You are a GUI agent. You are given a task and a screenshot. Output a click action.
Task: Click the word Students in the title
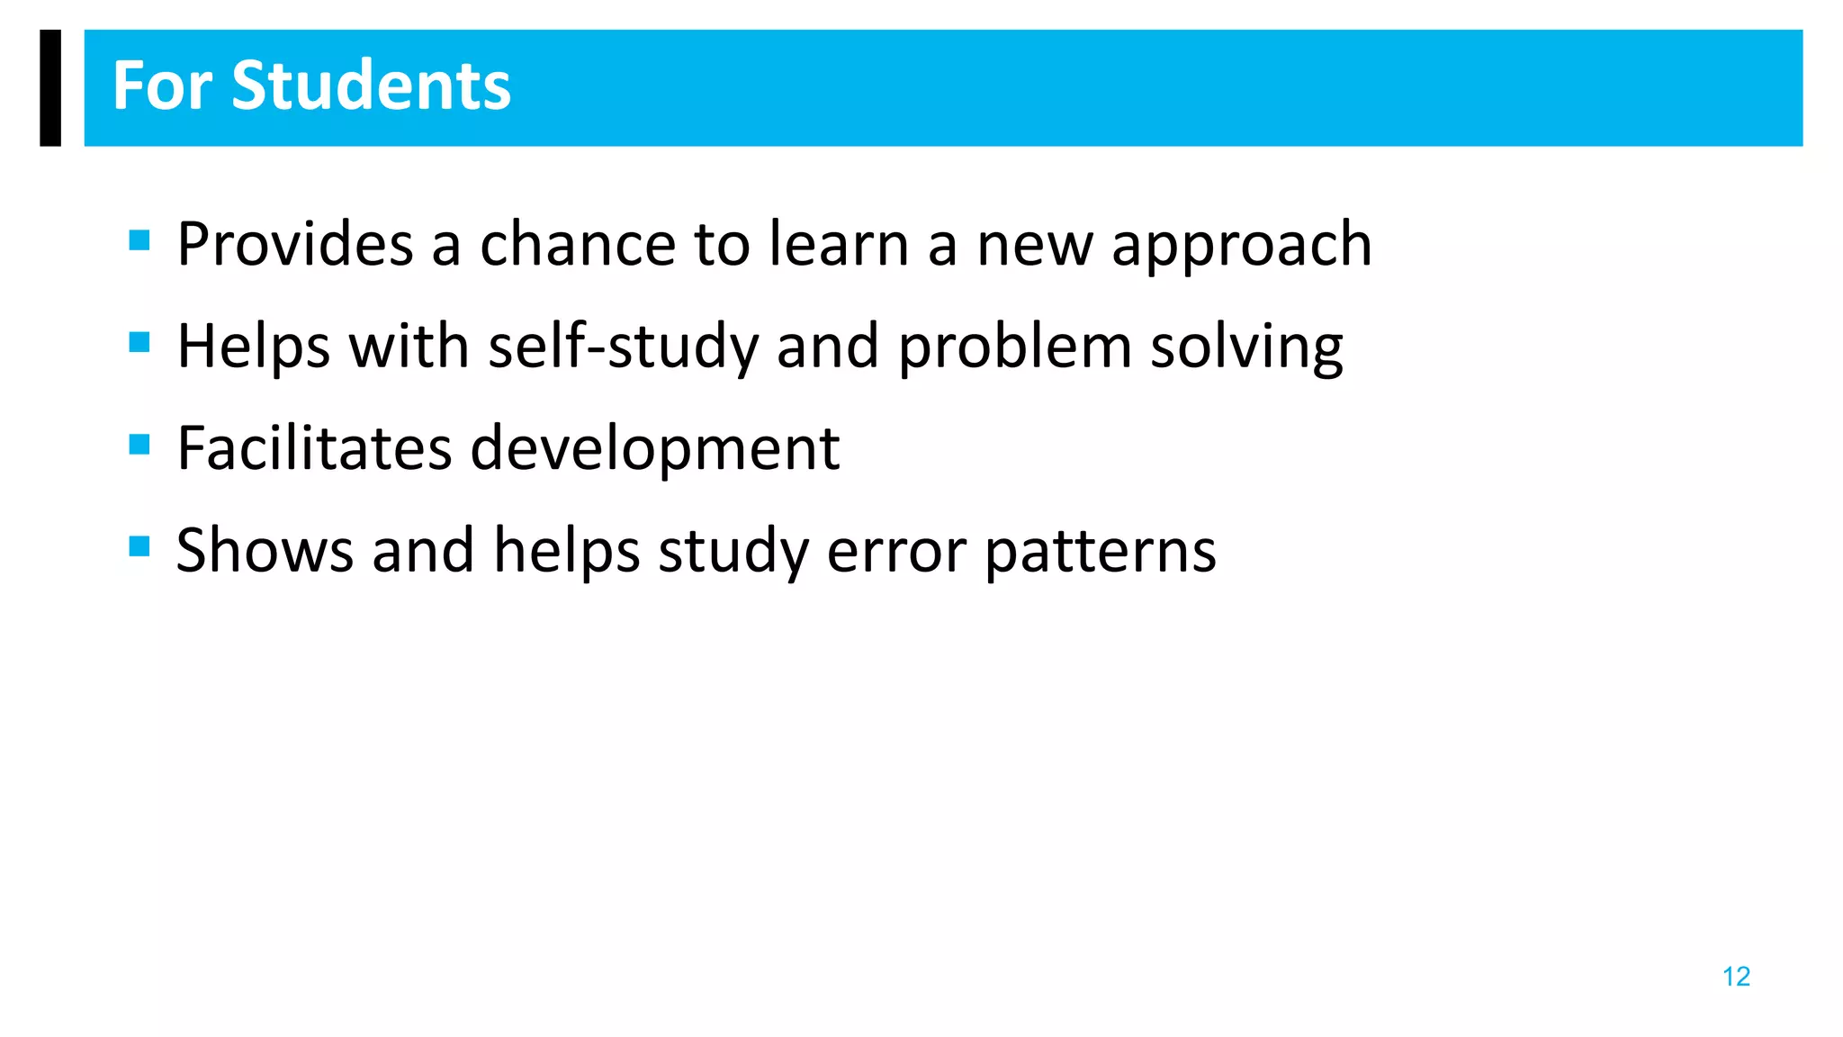click(x=371, y=86)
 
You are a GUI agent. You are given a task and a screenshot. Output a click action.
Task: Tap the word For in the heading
click(x=163, y=86)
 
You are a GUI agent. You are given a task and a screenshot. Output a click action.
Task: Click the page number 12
click(x=1736, y=977)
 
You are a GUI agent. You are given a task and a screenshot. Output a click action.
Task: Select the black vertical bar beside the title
click(x=50, y=87)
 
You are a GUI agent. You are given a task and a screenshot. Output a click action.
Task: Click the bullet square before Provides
click(x=139, y=240)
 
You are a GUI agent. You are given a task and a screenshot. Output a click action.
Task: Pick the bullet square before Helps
click(x=139, y=342)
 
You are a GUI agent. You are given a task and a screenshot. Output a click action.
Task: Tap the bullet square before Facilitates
click(x=139, y=445)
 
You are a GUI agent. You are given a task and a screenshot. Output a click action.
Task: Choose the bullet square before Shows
click(x=139, y=546)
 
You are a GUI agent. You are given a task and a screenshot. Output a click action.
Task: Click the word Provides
click(x=294, y=244)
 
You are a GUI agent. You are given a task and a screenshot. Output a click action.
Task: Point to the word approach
click(x=1242, y=246)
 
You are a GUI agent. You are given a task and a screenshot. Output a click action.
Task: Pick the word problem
click(x=1015, y=347)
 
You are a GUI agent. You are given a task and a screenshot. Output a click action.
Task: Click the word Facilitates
click(x=314, y=448)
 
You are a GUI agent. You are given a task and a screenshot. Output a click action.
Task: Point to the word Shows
click(x=265, y=550)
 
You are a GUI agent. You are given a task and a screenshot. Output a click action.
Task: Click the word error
click(x=896, y=552)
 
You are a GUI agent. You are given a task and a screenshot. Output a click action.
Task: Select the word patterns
click(x=1101, y=552)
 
